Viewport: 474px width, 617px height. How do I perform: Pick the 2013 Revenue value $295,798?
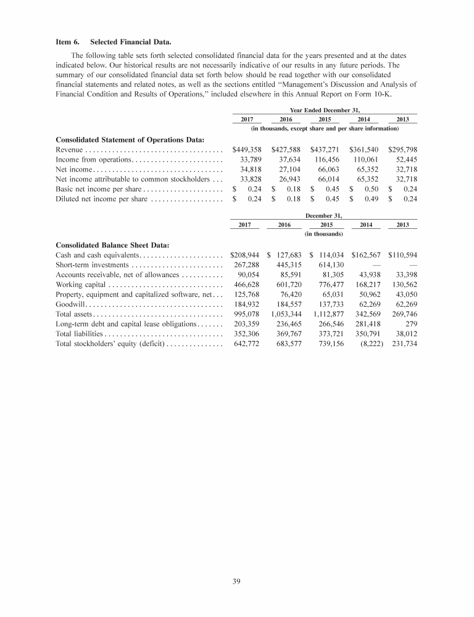402,149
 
